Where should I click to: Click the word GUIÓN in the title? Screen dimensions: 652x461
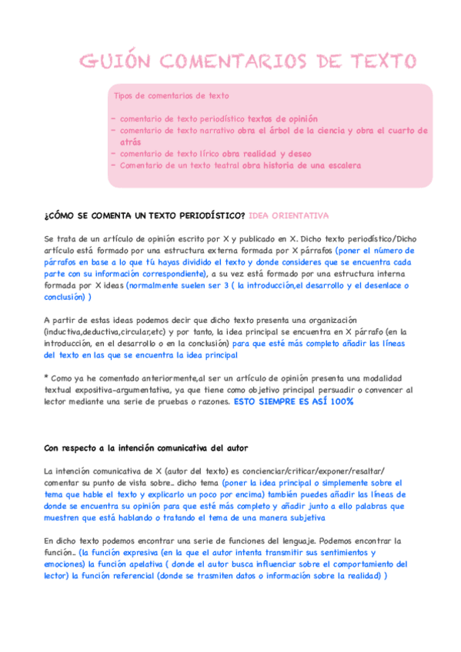(116, 62)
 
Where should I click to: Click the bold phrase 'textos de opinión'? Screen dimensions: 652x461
(282, 119)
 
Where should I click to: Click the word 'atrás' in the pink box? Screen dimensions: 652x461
(130, 142)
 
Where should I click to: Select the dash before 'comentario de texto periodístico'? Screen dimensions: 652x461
(114, 119)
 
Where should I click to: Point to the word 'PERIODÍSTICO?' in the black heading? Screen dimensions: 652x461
(207, 215)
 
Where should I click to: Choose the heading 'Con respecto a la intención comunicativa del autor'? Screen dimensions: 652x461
(145, 447)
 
